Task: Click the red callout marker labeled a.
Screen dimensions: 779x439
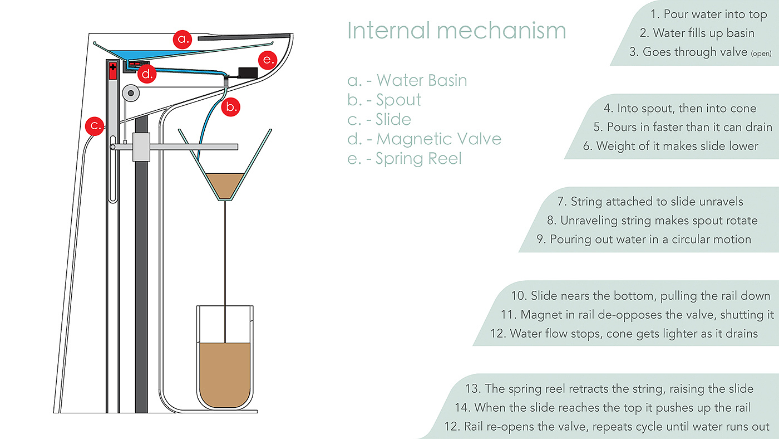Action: tap(183, 39)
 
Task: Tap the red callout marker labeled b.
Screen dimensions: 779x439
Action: tap(230, 106)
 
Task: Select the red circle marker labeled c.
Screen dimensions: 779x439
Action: tap(95, 126)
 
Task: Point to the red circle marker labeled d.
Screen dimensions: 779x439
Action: tap(147, 74)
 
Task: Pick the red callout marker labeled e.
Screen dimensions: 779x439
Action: tap(268, 60)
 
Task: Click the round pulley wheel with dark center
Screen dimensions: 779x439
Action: tap(131, 93)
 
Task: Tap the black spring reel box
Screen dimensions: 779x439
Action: tap(248, 73)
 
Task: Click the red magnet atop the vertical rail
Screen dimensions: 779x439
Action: tap(112, 71)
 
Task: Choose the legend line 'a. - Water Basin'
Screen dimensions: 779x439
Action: tap(407, 80)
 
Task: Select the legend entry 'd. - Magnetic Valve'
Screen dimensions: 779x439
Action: tap(424, 139)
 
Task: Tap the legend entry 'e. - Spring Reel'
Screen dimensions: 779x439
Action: tap(405, 158)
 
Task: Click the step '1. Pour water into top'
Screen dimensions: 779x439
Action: tap(708, 14)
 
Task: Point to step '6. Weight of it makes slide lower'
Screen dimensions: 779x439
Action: tap(670, 146)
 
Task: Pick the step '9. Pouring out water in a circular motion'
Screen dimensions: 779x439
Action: tap(644, 240)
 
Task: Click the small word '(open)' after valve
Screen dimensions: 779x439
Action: tap(761, 53)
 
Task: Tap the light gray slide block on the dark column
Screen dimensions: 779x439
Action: tap(141, 147)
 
